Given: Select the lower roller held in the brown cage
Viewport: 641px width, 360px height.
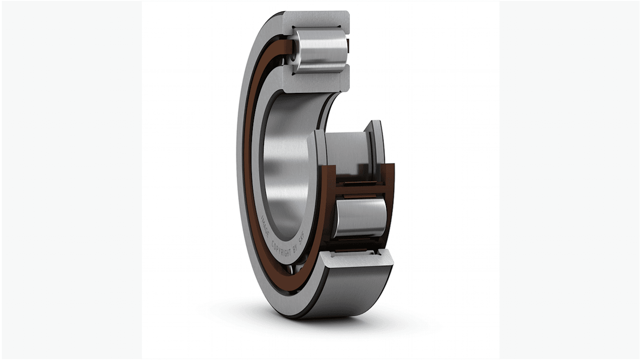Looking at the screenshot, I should pyautogui.click(x=360, y=218).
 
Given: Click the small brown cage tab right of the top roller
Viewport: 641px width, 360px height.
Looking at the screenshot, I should pyautogui.click(x=348, y=44).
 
